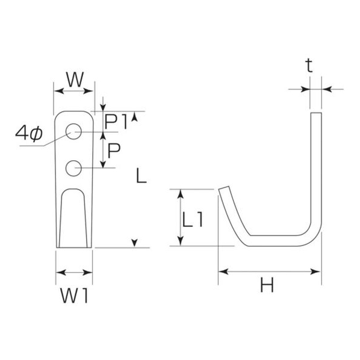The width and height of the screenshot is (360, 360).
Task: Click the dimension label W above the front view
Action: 75,79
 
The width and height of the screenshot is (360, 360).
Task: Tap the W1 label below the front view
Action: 74,296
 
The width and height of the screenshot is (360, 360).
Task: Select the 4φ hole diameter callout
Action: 29,134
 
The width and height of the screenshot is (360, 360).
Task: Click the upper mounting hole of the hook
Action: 73,131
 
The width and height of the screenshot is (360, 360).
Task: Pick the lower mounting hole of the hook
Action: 73,169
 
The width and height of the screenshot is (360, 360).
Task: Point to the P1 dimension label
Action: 116,122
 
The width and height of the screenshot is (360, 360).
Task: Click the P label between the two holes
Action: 114,151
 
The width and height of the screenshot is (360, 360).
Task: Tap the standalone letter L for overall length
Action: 141,176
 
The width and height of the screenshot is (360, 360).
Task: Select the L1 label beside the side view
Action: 193,220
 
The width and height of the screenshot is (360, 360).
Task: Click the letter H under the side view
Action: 267,285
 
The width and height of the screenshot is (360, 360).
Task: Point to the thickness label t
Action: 309,66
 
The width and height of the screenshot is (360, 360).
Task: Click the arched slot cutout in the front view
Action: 73,218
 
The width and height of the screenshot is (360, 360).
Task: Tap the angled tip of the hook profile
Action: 224,188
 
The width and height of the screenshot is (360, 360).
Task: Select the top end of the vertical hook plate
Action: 316,113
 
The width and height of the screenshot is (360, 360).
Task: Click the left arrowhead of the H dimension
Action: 223,272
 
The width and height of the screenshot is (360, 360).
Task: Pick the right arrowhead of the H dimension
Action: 315,272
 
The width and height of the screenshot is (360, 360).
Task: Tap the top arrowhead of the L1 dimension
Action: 181,194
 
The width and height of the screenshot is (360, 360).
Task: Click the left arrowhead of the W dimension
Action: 59,91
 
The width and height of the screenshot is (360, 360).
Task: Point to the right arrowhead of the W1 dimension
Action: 87,273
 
